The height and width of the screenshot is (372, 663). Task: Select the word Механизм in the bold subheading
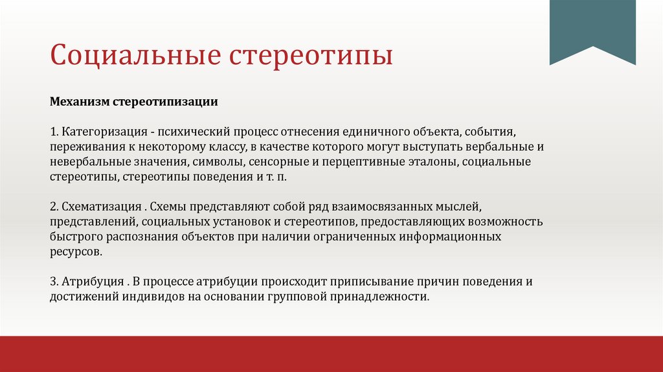tap(80, 102)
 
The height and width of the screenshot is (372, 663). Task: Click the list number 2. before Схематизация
tap(54, 207)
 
